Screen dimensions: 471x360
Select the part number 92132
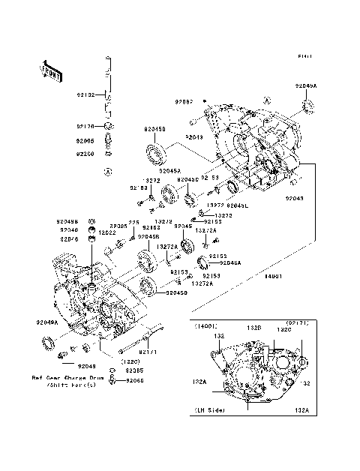85,96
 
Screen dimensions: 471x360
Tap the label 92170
85,127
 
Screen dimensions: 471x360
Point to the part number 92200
85,154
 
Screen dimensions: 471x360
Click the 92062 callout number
184,101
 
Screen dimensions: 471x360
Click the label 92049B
67,221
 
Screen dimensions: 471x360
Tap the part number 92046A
231,263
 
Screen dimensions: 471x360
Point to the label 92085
134,371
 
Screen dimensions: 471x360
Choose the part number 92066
134,381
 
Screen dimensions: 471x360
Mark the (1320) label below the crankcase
121,361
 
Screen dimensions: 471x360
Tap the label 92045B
148,236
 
